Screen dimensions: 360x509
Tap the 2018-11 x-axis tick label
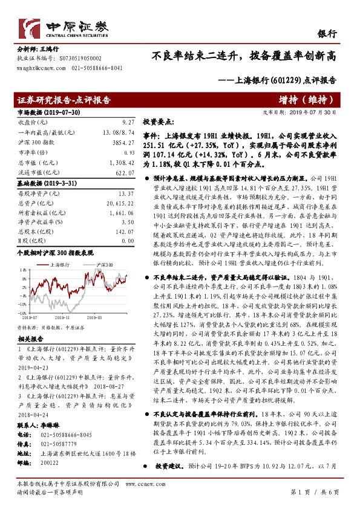click(62, 316)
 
